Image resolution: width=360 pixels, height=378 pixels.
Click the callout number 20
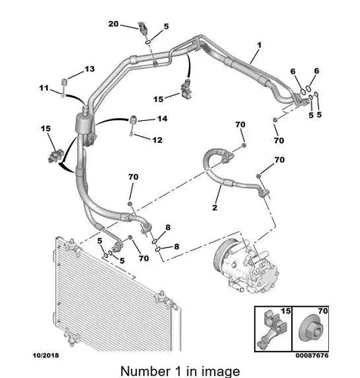(x=113, y=24)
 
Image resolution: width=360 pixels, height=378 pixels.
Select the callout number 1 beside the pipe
(x=259, y=45)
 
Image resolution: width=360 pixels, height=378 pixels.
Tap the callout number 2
(x=215, y=207)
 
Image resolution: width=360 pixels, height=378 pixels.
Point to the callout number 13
(x=89, y=69)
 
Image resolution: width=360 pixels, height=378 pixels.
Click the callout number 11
(x=44, y=88)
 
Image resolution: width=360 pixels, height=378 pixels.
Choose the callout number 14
(x=163, y=119)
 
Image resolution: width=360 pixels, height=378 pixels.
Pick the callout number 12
(x=157, y=140)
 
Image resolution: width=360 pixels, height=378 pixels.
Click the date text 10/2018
(x=46, y=355)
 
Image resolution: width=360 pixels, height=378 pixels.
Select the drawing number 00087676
(x=312, y=355)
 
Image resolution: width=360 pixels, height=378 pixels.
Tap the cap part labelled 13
(x=64, y=82)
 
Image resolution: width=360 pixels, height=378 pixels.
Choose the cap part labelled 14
(x=133, y=119)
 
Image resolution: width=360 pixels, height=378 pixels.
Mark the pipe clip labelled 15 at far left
(x=54, y=156)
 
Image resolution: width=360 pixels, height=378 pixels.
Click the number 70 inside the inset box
(x=323, y=311)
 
